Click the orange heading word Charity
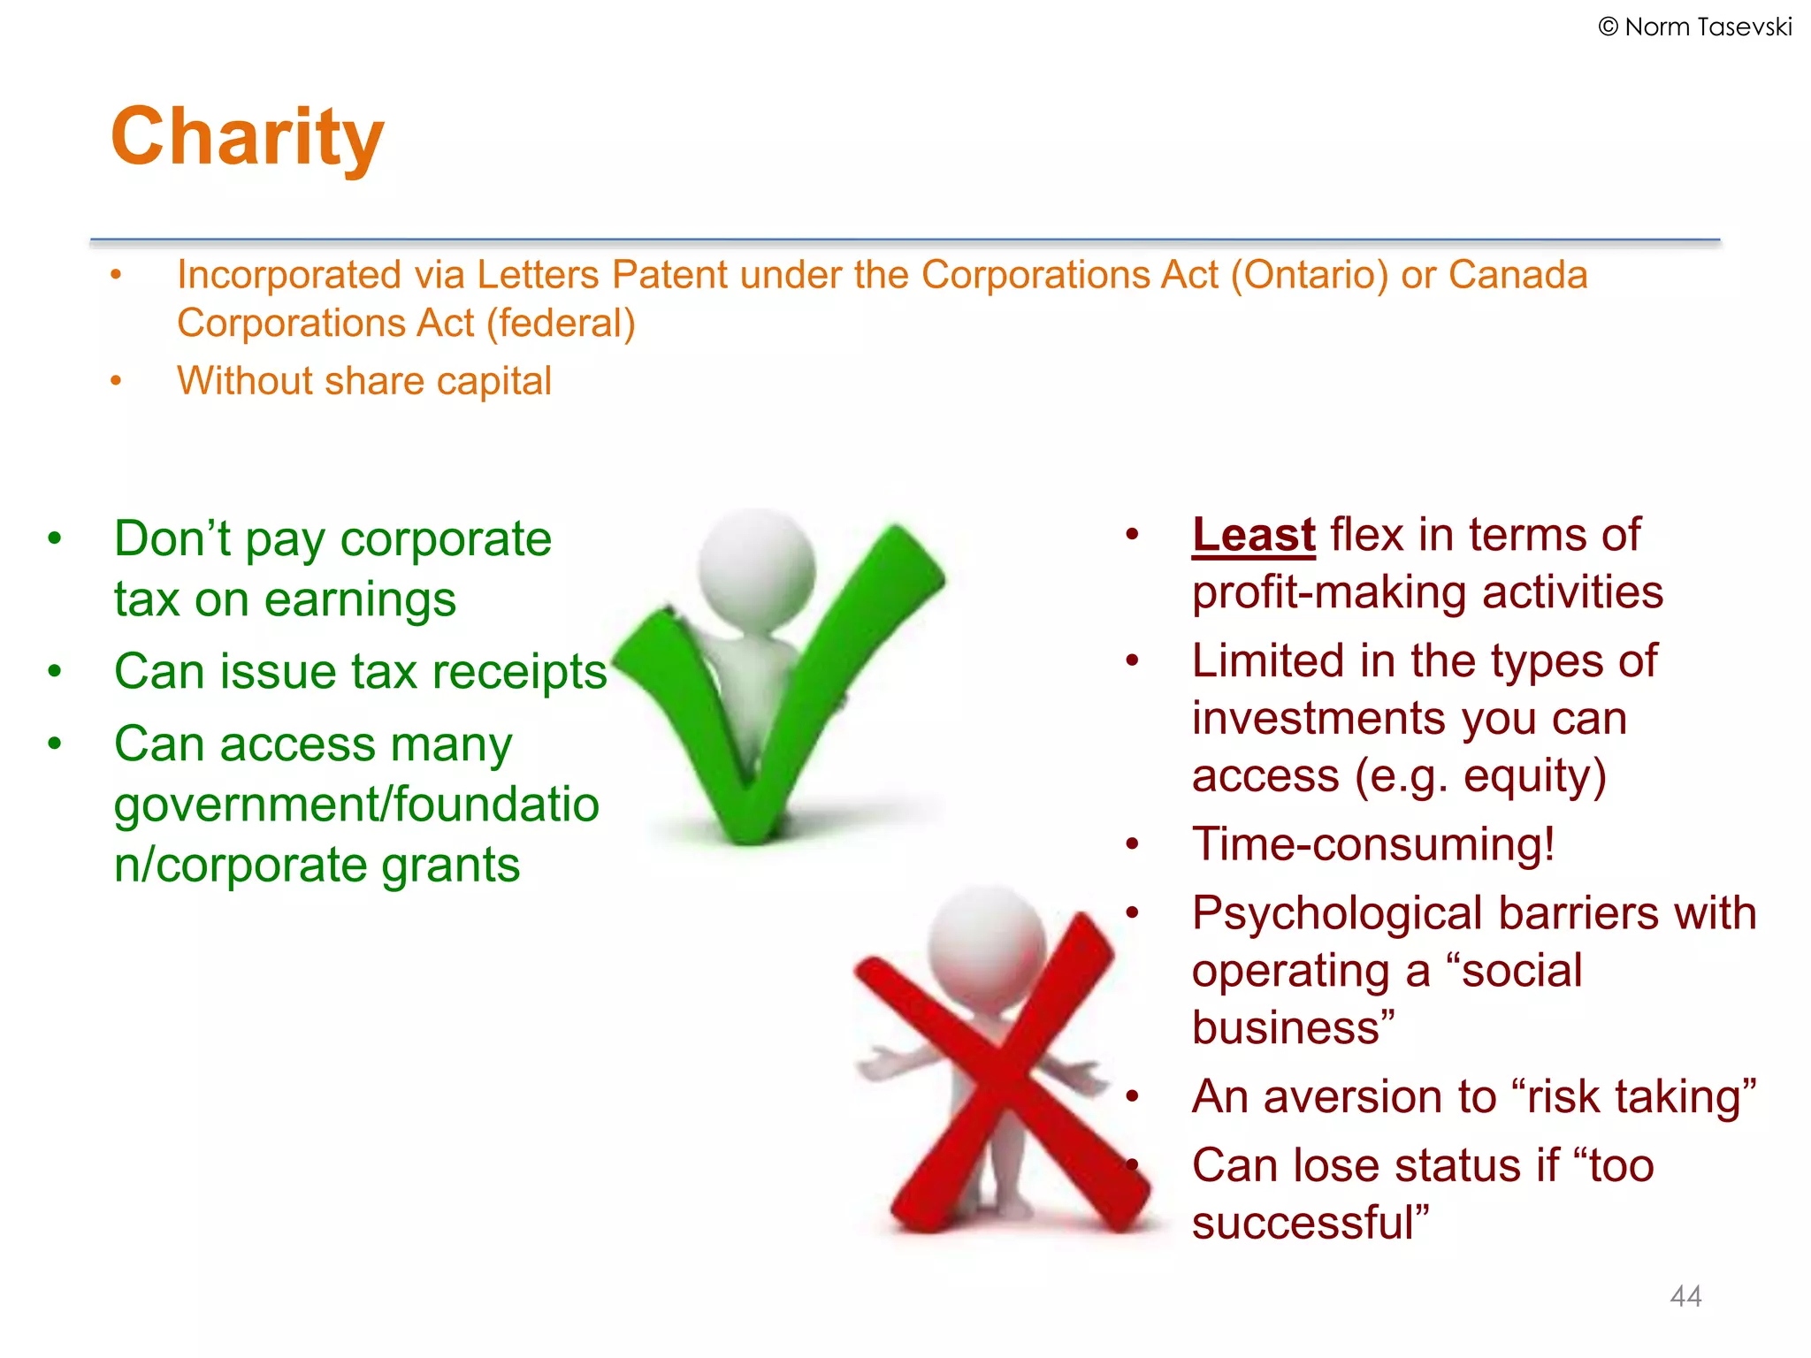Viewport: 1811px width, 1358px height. pos(248,137)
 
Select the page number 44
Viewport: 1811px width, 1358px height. pos(1685,1296)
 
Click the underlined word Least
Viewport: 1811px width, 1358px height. pos(1253,535)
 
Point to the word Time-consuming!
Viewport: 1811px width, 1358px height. pos(1372,844)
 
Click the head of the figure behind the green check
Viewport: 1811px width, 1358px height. pos(756,566)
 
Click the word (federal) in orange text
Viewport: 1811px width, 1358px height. pos(561,324)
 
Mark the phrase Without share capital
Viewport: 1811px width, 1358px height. pos(363,382)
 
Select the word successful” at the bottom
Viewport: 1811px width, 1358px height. pos(1310,1224)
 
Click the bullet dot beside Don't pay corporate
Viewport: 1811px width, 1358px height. pos(55,538)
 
